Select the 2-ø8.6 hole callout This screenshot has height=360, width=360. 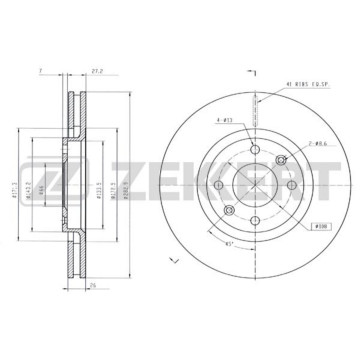point(295,145)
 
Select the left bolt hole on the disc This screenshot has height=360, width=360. point(225,180)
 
